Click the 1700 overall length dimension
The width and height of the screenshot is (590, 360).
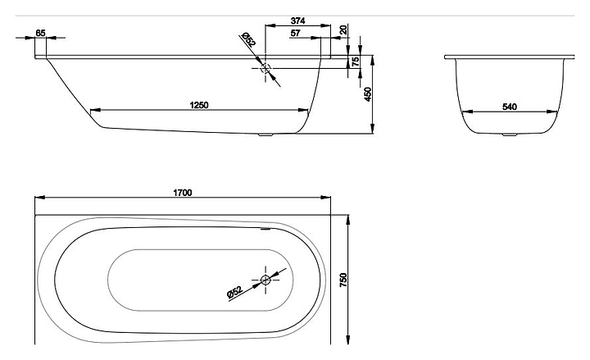pyautogui.click(x=182, y=194)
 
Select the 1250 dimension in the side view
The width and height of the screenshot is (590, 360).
pyautogui.click(x=197, y=104)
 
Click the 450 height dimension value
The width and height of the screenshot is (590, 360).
pyautogui.click(x=369, y=95)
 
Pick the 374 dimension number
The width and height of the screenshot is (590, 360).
pyautogui.click(x=298, y=21)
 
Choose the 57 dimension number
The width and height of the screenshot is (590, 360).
pyautogui.click(x=296, y=33)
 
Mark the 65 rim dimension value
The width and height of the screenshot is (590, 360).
pyautogui.click(x=41, y=33)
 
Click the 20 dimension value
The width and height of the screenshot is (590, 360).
pyautogui.click(x=343, y=29)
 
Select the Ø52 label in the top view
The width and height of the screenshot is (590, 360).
pyautogui.click(x=234, y=291)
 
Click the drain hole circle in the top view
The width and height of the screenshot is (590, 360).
pyautogui.click(x=266, y=281)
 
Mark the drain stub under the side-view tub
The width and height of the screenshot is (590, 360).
pyautogui.click(x=264, y=136)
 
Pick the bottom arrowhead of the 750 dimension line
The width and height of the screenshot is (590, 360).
pyautogui.click(x=349, y=342)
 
